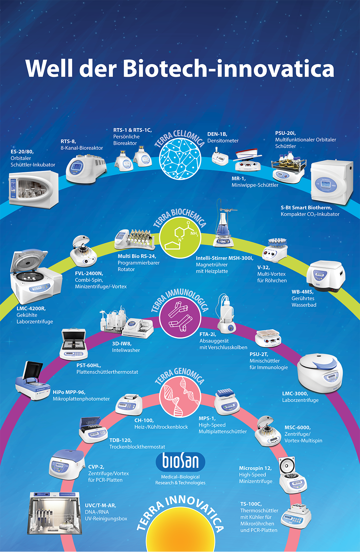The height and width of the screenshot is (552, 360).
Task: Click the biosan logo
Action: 180,461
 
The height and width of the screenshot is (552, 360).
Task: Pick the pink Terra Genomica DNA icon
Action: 180,396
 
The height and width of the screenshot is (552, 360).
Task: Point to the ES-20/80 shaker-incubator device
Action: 33,188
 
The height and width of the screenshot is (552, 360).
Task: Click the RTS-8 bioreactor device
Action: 86,168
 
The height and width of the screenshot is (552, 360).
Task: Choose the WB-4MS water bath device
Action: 326,276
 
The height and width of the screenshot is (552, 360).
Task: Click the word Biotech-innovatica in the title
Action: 228,69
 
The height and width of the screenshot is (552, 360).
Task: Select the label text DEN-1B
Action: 217,134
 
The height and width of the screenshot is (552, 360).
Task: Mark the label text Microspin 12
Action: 255,468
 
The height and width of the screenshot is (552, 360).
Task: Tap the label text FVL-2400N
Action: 89,273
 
